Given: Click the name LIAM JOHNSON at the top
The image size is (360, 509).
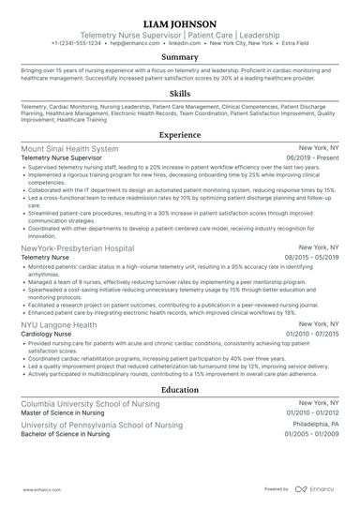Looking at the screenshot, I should point(179,22).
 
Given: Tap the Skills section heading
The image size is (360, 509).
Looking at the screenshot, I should point(179,95).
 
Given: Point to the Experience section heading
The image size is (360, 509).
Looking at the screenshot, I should point(179,135).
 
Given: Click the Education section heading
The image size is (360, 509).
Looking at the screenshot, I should point(179,389).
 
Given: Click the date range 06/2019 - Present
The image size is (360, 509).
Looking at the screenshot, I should point(312,160).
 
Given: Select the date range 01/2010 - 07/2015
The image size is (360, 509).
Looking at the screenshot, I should point(311,335).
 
